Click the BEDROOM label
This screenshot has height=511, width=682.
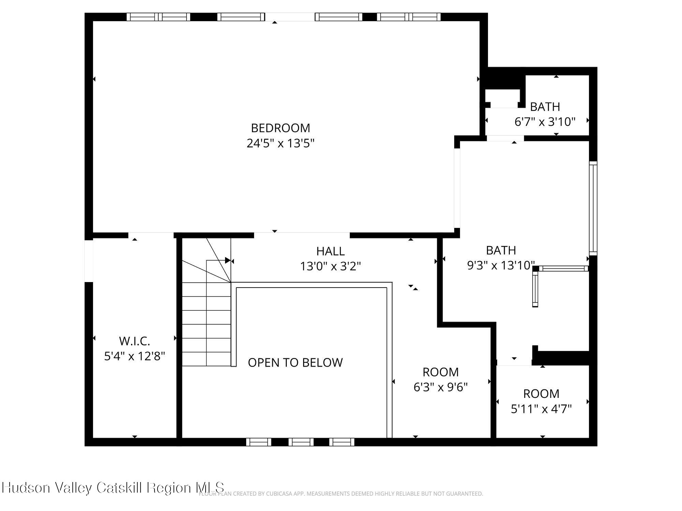[x=280, y=128]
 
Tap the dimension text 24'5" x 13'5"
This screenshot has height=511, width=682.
[x=280, y=143]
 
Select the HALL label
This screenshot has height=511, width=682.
[x=330, y=251]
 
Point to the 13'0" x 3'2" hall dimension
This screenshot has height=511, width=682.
[x=330, y=266]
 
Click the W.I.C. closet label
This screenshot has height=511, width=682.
[x=134, y=341]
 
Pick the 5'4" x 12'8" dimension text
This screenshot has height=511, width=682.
[x=134, y=356]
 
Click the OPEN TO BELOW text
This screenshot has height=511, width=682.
[x=295, y=362]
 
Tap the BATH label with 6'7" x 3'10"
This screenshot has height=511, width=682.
[x=545, y=107]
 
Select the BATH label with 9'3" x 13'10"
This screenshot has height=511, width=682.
[x=501, y=250]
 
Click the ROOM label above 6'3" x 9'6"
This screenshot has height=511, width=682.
[x=441, y=372]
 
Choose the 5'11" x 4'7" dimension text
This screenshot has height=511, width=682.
[x=541, y=409]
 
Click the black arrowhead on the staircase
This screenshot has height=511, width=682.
[x=227, y=261]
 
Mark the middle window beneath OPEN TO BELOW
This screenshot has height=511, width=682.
[x=301, y=442]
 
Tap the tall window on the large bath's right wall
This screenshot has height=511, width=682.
[x=593, y=208]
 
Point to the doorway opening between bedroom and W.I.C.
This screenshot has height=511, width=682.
[x=151, y=235]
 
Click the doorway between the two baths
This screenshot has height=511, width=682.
[x=505, y=138]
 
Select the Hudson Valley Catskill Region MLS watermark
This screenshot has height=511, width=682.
[x=113, y=487]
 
